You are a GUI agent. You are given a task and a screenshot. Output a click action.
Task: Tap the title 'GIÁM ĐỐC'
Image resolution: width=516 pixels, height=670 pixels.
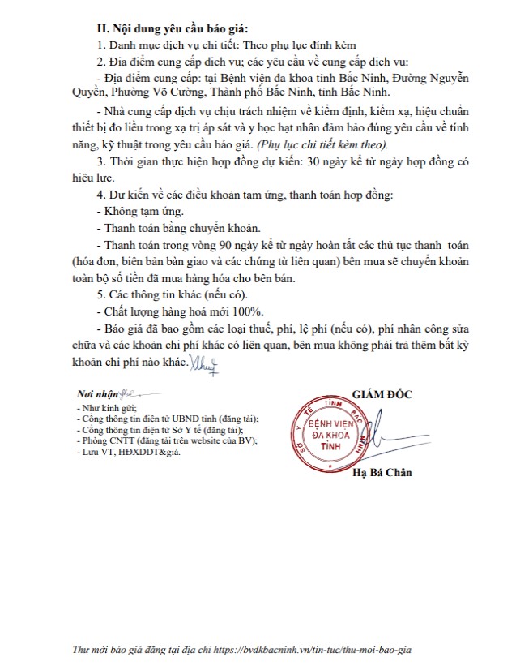381,394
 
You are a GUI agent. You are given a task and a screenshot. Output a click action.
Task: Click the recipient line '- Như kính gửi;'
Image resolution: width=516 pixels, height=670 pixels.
106,408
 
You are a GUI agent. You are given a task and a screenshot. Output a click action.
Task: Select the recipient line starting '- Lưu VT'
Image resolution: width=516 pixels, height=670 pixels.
127,453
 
